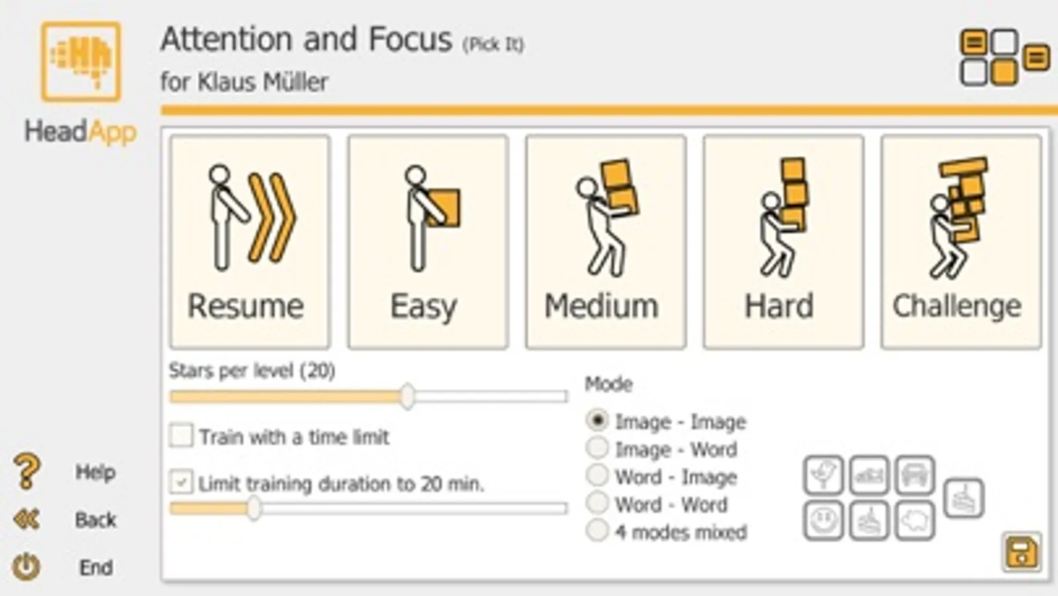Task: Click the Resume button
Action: pos(250,242)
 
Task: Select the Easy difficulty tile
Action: pos(428,242)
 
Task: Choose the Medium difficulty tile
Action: pos(605,242)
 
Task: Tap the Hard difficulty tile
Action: pos(783,242)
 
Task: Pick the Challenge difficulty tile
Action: pos(961,242)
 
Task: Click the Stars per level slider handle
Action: pos(408,396)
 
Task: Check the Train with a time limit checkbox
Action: pos(181,435)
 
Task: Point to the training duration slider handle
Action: pos(254,508)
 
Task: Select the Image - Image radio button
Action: pos(597,420)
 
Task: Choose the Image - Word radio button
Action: pos(597,448)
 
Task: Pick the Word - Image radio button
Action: pos(597,475)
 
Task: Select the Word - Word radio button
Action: pos(597,503)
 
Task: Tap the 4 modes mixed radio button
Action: pos(597,530)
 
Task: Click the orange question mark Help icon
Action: pos(27,471)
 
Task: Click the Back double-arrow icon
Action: pos(26,519)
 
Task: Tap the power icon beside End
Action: pos(26,566)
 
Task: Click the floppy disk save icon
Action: pos(1021,552)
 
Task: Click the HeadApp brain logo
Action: pos(81,62)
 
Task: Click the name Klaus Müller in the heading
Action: pos(263,81)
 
